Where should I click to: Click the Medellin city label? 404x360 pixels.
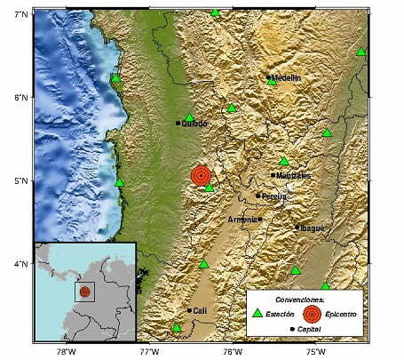coord(286,78)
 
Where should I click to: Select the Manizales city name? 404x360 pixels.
coord(293,176)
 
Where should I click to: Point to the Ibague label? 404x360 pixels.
coord(311,228)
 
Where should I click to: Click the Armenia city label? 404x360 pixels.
coord(242,220)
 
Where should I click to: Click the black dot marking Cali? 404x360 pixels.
coord(189,310)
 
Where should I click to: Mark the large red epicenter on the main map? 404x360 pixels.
coord(202,176)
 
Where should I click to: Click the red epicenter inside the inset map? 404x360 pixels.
coord(84,292)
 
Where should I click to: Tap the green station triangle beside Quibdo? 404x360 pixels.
coord(189,117)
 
